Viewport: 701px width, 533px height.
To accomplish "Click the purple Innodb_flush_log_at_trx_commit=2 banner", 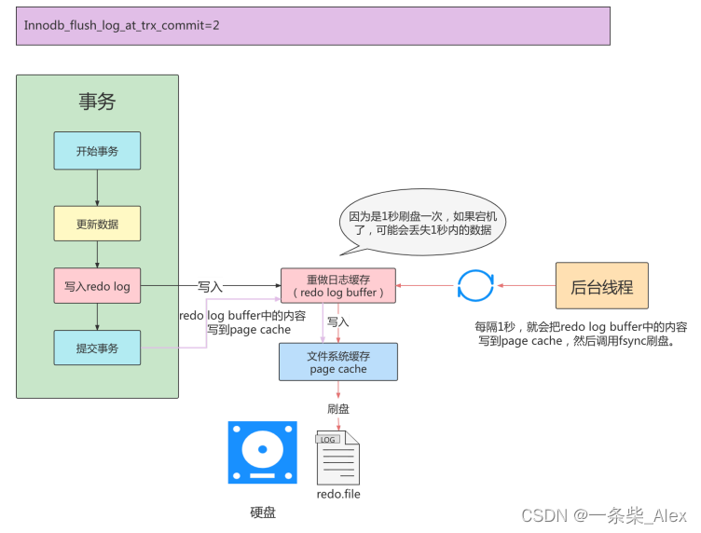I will click(x=312, y=27).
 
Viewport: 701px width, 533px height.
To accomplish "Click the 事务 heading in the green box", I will click(x=97, y=102).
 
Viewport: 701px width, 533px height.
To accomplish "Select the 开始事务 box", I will click(x=97, y=150).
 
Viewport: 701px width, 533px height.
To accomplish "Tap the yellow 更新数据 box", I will click(x=97, y=224).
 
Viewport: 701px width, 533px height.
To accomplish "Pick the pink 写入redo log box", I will click(x=97, y=286).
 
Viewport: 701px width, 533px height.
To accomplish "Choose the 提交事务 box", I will click(x=97, y=348).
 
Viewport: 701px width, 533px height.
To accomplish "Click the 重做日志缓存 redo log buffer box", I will click(x=337, y=285).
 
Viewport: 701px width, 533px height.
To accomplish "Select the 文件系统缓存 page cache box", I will click(x=337, y=362).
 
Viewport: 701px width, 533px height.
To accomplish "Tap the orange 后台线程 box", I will click(x=601, y=287).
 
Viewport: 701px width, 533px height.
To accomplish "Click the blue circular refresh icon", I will click(x=475, y=286).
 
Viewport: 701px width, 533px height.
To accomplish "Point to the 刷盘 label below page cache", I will click(x=338, y=408).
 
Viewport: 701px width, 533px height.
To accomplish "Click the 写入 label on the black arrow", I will click(x=210, y=285).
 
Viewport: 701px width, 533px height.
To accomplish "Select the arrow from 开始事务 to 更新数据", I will click(x=97, y=187).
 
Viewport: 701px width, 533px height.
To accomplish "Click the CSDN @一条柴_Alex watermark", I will click(x=603, y=514).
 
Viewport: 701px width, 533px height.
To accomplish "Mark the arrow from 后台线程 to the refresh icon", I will click(x=527, y=286).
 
